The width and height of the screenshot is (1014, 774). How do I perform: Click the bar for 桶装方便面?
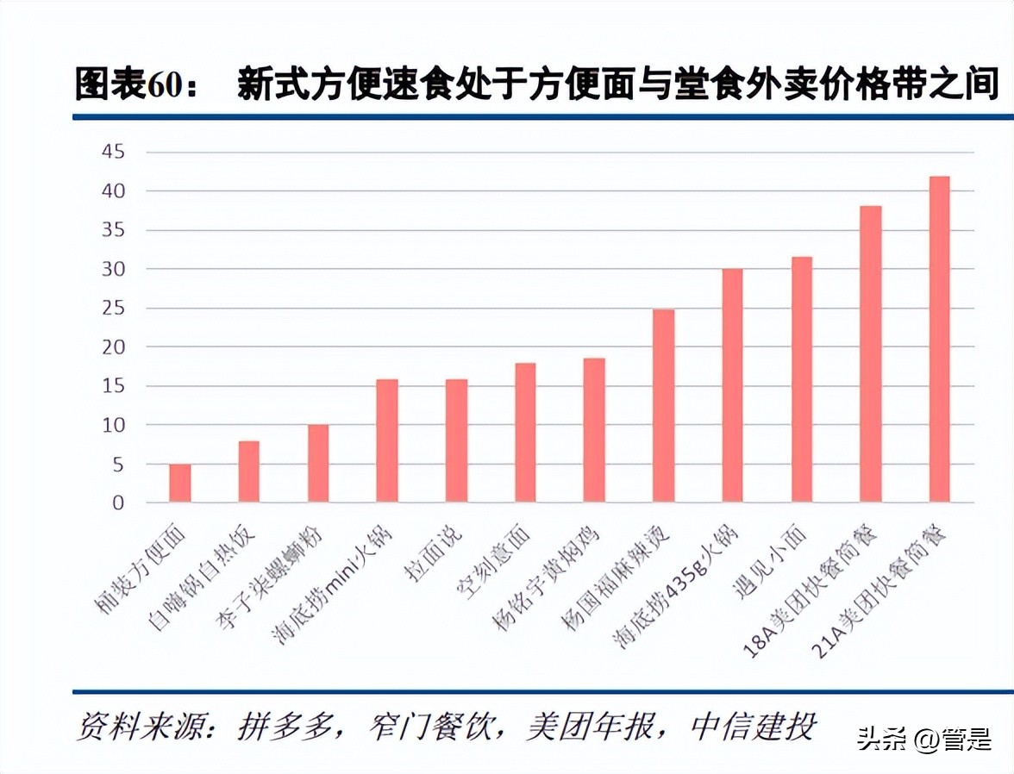pos(180,484)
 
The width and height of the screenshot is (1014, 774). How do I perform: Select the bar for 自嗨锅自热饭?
pos(249,471)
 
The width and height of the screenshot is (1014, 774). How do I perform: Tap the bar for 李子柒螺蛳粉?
pos(318,464)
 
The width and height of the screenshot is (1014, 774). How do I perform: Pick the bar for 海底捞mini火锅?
pos(387,440)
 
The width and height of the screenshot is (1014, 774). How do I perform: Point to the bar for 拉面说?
pos(456,440)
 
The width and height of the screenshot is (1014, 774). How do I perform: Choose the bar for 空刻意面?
pos(525,433)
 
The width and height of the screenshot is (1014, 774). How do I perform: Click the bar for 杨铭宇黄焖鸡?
pos(594,430)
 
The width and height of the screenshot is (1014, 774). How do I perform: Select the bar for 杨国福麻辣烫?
pos(663,405)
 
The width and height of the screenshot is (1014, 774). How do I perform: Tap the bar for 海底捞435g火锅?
pos(732,385)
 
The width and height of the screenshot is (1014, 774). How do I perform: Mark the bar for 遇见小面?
pos(801,379)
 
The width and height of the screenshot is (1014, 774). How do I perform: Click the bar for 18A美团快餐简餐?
pos(870,353)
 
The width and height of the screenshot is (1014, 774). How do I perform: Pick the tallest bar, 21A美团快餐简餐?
pos(939,339)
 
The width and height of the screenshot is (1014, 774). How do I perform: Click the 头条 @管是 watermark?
pos(923,739)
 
